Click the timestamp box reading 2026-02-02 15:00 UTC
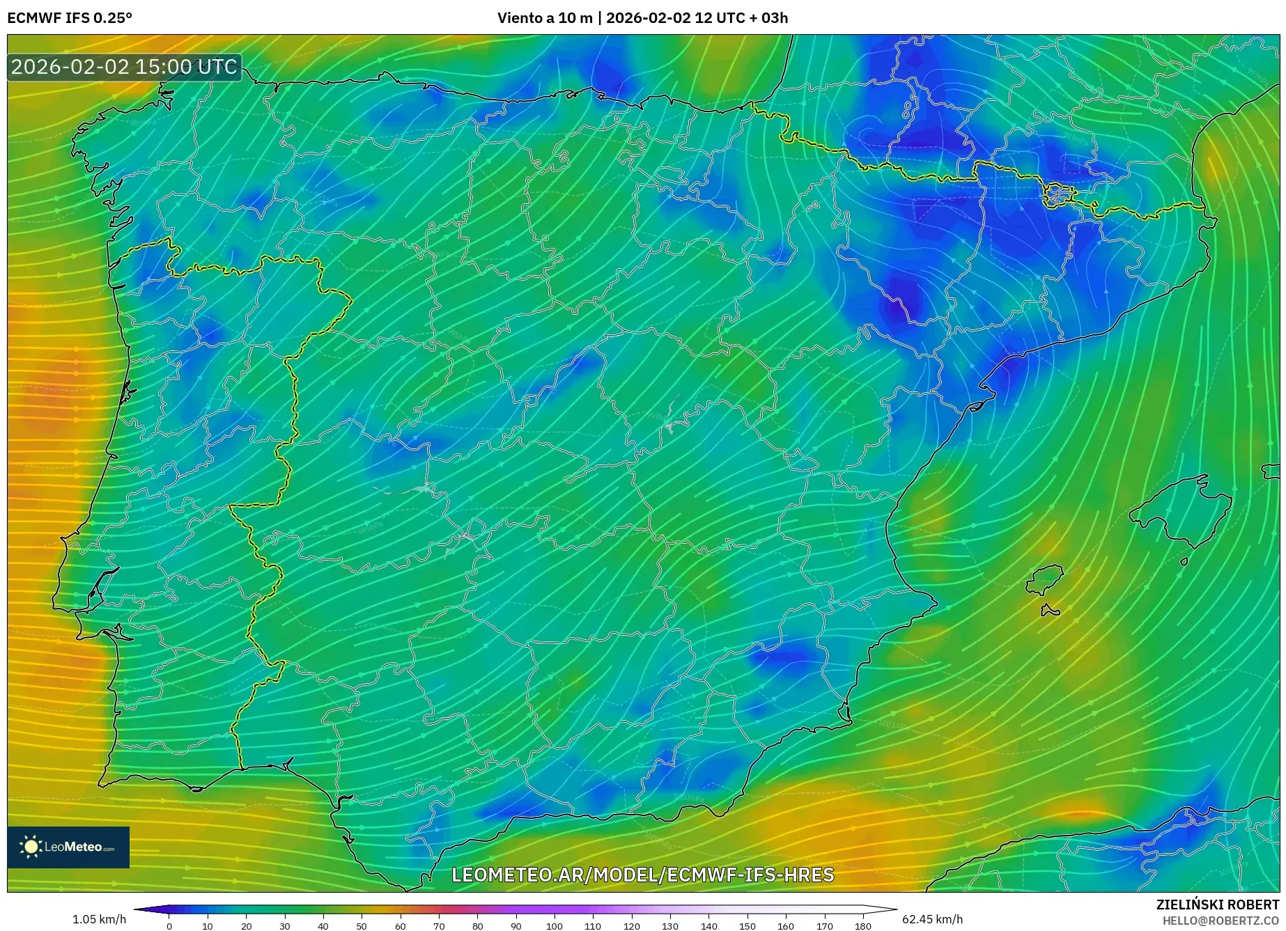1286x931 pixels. point(124,67)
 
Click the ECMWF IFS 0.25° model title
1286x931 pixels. point(70,18)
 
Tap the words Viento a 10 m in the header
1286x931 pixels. point(544,18)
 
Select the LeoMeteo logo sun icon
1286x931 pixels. point(31,847)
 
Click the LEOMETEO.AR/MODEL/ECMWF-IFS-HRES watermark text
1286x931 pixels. point(642,875)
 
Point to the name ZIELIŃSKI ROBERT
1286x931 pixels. point(1217,905)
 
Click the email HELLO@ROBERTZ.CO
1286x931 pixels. point(1220,921)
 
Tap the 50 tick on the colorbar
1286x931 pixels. point(362,926)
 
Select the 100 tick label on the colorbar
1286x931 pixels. point(554,926)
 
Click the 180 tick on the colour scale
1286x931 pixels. point(862,926)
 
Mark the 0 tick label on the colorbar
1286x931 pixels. point(169,926)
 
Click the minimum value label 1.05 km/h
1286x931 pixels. point(99,919)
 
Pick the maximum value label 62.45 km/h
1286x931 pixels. point(932,919)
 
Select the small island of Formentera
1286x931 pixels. point(1049,611)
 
